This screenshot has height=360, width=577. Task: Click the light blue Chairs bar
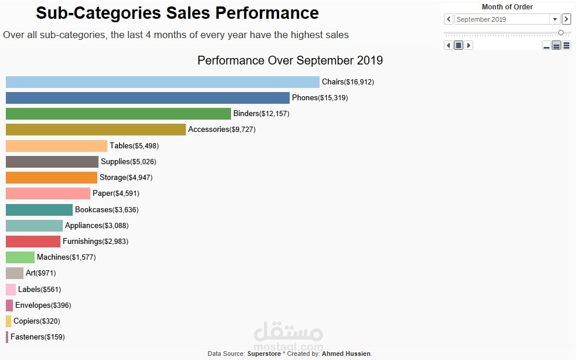tap(162, 82)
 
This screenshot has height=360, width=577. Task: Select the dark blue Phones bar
tap(148, 98)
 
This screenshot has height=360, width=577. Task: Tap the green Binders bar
tap(118, 114)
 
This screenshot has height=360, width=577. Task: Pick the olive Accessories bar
tap(96, 130)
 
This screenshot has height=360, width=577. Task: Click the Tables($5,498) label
tap(134, 146)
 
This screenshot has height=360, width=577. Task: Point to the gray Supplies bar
tap(52, 162)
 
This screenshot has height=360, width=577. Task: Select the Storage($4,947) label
tap(125, 178)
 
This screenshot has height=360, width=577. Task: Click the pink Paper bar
tap(48, 193)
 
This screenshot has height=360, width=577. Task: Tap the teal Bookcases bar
tap(39, 209)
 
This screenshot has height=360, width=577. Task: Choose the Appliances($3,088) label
tap(96, 226)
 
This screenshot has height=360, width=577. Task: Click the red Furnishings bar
tap(33, 242)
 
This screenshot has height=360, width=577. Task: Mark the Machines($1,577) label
tap(66, 257)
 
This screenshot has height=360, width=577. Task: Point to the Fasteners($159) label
tap(38, 337)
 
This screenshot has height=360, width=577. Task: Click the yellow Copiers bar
tap(8, 321)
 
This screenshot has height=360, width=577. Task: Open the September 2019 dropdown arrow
tap(555, 19)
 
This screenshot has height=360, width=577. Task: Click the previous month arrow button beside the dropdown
tap(449, 19)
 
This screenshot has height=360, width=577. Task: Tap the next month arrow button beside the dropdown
tap(566, 19)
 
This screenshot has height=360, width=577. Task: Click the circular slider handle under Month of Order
tap(561, 33)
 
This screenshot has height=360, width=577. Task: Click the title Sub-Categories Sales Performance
tap(177, 13)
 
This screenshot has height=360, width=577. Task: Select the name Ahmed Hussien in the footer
tap(346, 354)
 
